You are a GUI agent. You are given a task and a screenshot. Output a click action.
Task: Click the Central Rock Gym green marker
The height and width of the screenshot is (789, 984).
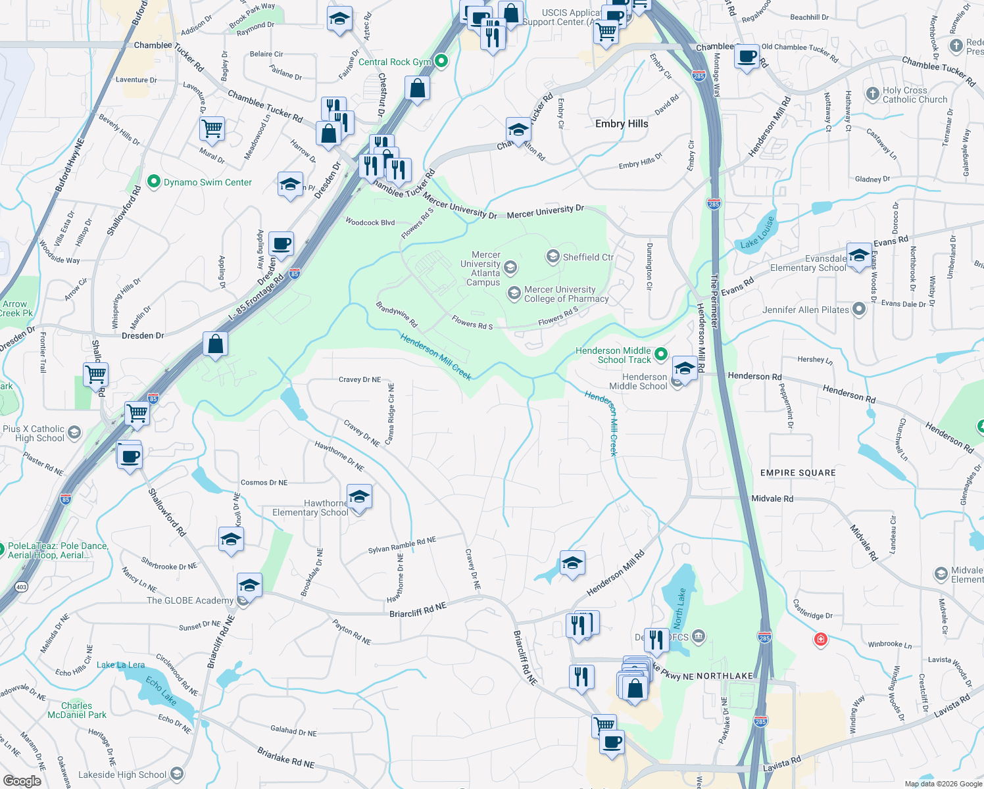[441, 62]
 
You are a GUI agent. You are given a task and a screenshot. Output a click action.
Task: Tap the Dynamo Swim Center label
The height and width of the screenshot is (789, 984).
[207, 182]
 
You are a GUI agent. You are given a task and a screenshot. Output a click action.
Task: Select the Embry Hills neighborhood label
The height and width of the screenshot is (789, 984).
[622, 124]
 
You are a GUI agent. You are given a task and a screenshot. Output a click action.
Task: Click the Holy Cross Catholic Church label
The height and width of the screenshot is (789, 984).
[914, 95]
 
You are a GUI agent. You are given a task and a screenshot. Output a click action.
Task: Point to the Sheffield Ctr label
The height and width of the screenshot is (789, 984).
[587, 257]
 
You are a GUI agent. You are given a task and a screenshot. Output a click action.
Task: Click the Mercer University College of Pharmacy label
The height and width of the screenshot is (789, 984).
[566, 294]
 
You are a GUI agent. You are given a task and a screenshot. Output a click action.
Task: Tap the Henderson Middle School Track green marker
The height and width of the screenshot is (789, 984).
[661, 355]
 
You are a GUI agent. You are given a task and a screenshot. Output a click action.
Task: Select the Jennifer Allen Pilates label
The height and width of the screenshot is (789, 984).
[805, 310]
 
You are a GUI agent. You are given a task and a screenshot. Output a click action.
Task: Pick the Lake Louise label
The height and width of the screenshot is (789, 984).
[758, 233]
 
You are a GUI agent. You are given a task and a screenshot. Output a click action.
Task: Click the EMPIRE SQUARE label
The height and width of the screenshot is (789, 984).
[798, 473]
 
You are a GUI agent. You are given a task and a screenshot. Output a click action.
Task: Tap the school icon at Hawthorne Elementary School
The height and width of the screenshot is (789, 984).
[359, 497]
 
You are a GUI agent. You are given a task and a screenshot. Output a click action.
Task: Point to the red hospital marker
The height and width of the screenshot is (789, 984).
[820, 639]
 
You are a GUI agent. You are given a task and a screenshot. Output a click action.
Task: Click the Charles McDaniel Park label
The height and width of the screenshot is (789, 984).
[77, 710]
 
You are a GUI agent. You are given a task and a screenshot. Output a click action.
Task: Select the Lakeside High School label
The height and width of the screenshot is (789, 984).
[122, 775]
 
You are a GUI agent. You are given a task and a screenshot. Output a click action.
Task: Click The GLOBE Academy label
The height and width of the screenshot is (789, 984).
[190, 600]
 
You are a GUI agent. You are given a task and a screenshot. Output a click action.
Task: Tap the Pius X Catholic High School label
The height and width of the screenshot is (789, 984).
[34, 433]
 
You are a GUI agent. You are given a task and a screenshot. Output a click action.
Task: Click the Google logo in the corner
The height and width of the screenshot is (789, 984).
[22, 781]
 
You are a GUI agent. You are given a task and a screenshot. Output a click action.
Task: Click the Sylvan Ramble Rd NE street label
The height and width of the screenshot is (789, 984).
[401, 545]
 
